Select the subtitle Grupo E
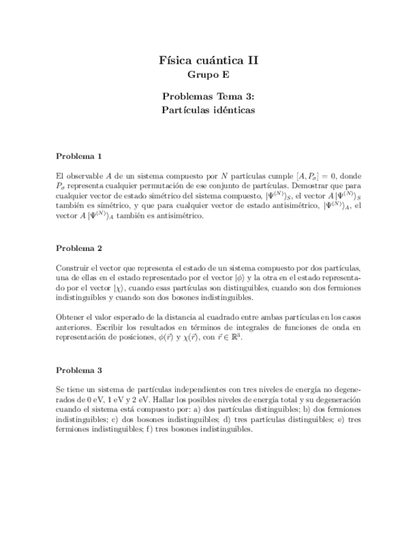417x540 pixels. tap(208, 75)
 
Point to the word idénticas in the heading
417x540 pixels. tap(232, 110)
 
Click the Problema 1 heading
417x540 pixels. tap(79, 156)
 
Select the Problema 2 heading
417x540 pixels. tap(79, 248)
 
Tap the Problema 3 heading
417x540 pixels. tap(79, 370)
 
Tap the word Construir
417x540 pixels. tap(74, 267)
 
